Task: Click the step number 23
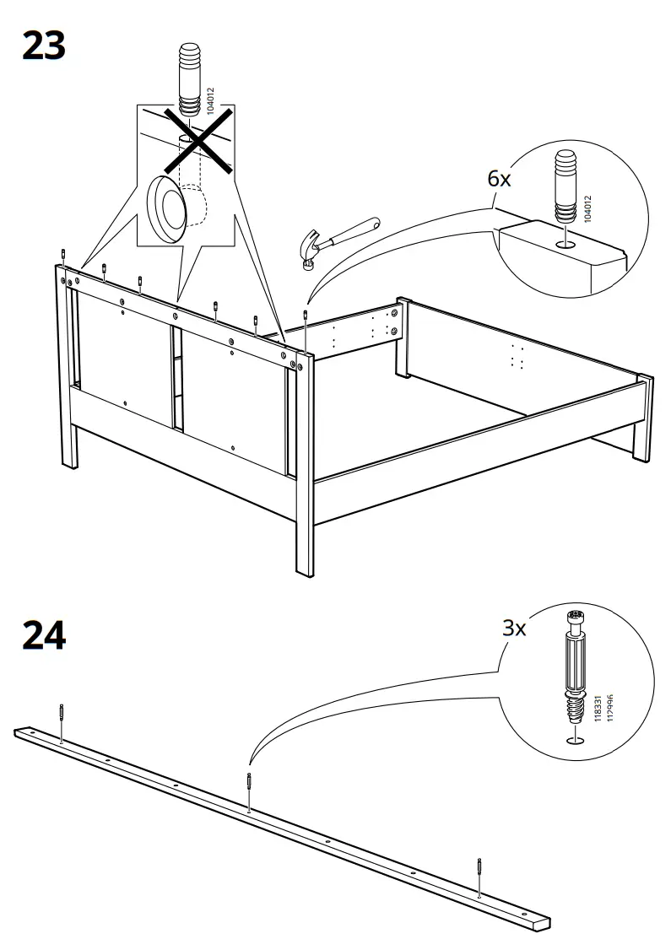pos(43,46)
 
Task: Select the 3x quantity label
pos(514,627)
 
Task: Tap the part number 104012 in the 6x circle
pos(588,208)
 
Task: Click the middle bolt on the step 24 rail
pos(248,789)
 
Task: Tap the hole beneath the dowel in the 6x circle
pos(566,245)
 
